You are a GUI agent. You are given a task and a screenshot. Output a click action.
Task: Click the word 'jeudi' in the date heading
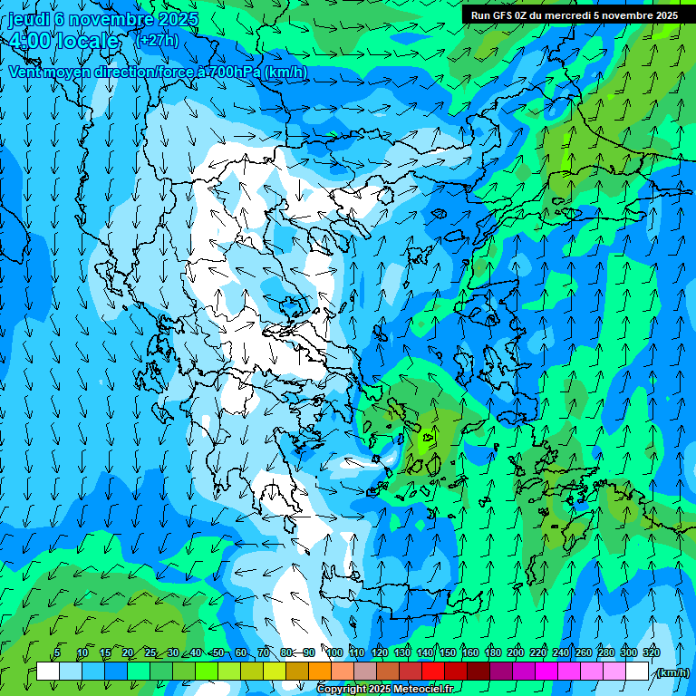27,19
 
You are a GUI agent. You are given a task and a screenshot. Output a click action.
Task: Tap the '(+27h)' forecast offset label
157,40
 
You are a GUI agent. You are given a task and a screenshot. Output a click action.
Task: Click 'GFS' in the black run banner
509,15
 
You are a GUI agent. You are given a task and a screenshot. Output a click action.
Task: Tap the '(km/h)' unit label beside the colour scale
672,672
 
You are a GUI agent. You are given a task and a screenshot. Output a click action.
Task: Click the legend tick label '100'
333,652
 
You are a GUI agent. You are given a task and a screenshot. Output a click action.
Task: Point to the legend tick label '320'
650,652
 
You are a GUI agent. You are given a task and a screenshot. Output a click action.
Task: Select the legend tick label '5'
57,652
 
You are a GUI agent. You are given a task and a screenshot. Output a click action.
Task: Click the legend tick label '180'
492,652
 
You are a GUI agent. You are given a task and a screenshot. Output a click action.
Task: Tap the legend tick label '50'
217,652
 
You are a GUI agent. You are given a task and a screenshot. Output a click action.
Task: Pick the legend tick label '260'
583,652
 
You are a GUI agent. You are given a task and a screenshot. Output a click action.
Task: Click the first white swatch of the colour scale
48,672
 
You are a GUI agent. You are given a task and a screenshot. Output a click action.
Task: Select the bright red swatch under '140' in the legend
433,672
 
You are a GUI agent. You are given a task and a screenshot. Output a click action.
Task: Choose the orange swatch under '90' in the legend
320,672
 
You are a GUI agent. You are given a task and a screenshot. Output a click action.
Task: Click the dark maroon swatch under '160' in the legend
478,672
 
